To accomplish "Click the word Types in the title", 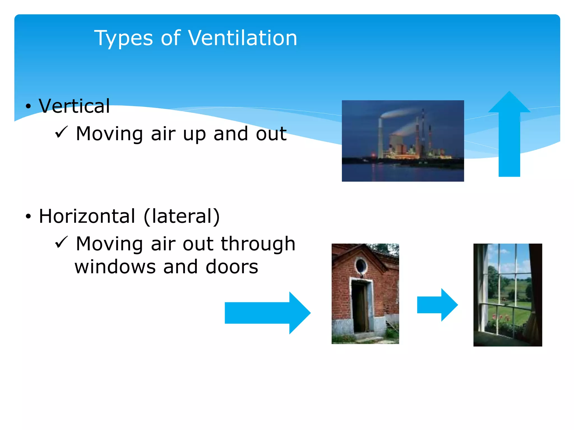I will pyautogui.click(x=123, y=39).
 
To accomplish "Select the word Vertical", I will pyautogui.click(x=74, y=106).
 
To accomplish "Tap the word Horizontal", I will pyautogui.click(x=87, y=216).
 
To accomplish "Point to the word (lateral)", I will pyautogui.click(x=182, y=216).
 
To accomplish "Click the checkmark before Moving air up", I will pyautogui.click(x=61, y=132).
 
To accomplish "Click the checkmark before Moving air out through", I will pyautogui.click(x=61, y=242).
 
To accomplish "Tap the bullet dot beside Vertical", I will pyautogui.click(x=28, y=106).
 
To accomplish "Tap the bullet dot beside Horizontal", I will pyautogui.click(x=28, y=216).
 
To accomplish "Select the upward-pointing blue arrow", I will pyautogui.click(x=509, y=134).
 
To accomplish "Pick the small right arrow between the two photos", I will pyautogui.click(x=437, y=305).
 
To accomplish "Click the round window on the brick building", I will pyautogui.click(x=361, y=265).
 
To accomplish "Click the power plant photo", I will pyautogui.click(x=403, y=141).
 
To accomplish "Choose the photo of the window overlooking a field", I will pyautogui.click(x=508, y=295).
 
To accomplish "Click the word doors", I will pyautogui.click(x=232, y=267).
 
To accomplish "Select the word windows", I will pyautogui.click(x=115, y=267).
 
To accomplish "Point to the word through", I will pyautogui.click(x=258, y=244).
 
